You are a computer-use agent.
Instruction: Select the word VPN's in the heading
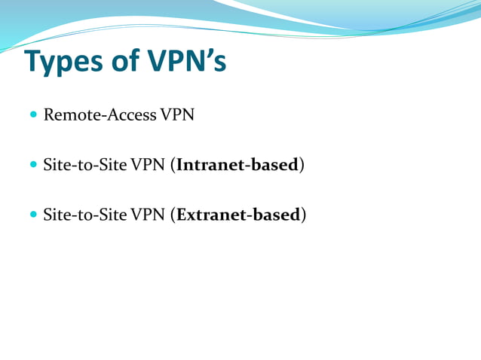point(188,62)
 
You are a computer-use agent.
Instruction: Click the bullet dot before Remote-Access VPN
point(32,115)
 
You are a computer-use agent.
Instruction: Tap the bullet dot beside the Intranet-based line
point(32,164)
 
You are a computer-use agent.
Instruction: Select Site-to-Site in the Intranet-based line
point(85,164)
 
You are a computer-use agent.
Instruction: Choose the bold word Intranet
point(211,164)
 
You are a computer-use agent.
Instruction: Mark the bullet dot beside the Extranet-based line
point(32,215)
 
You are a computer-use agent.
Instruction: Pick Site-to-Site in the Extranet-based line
point(85,215)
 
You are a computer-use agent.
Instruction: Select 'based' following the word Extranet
point(277,215)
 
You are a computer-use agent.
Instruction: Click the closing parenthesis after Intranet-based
point(302,165)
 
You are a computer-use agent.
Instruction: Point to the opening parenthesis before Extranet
point(173,215)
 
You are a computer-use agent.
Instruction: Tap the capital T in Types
point(34,62)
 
